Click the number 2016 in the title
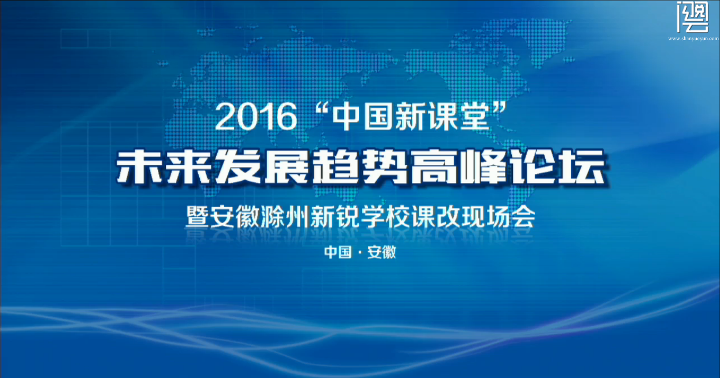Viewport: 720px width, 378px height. click(x=256, y=116)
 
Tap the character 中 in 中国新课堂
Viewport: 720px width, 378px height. click(x=347, y=116)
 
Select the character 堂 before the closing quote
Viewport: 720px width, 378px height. click(x=475, y=116)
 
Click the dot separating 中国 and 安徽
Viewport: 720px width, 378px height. click(x=360, y=253)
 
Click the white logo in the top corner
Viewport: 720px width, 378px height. click(x=693, y=17)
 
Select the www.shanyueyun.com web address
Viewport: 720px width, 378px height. click(x=693, y=39)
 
